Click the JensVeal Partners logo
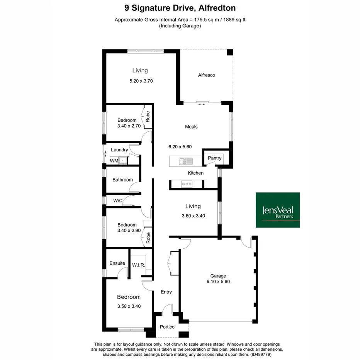[278, 210]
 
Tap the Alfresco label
[206, 75]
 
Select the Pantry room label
[214, 158]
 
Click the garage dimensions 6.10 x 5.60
[218, 282]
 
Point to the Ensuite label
[117, 263]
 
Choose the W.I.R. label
[138, 265]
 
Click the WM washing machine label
[114, 160]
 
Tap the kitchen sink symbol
[185, 161]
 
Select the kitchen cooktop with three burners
[187, 184]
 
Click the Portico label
[167, 327]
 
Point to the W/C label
[118, 201]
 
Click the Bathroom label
[122, 180]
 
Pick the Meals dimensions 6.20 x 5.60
[180, 147]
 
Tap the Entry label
[166, 292]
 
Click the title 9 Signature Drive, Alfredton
[180, 7]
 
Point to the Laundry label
[119, 150]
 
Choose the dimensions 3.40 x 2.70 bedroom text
[127, 126]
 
